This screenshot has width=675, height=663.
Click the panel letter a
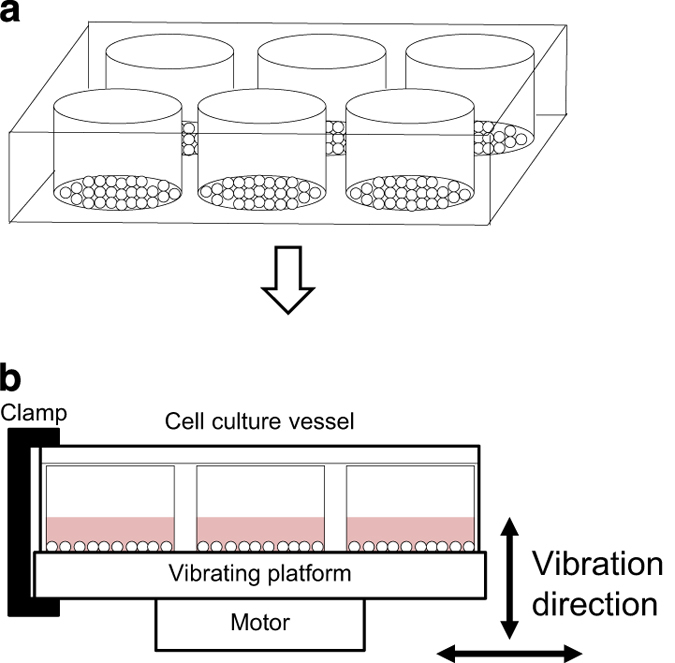pos(14,14)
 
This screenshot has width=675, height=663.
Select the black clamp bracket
pos(22,520)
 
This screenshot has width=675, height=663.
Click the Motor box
pos(260,623)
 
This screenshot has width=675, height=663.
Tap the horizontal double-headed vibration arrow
pos(511,653)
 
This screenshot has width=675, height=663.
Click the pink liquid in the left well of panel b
pos(110,529)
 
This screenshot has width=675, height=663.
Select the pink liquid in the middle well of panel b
pos(260,529)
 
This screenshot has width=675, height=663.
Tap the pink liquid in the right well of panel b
pos(410,529)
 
